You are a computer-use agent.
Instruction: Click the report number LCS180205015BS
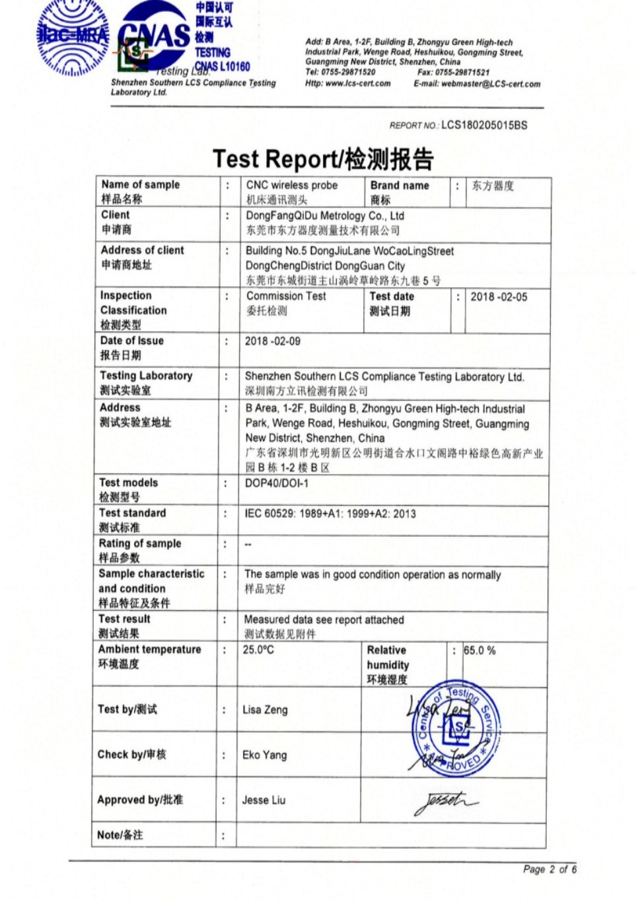tap(484, 125)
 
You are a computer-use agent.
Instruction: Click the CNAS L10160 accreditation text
tap(223, 66)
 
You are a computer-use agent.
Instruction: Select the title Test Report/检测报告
tap(323, 159)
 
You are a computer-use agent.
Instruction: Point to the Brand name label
tap(400, 186)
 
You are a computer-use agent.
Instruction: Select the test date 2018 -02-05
tap(499, 297)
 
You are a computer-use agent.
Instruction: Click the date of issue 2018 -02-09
tap(272, 341)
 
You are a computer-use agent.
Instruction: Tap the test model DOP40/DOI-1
tap(276, 483)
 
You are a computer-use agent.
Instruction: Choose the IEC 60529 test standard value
tap(330, 514)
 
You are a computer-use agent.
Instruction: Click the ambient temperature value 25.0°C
tap(258, 650)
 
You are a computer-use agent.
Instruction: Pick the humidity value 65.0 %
tap(479, 650)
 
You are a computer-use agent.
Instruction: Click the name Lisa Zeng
tap(265, 710)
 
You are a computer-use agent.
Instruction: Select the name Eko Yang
tap(264, 755)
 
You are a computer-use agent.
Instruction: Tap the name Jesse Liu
tap(264, 800)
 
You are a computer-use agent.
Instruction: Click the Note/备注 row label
tap(120, 835)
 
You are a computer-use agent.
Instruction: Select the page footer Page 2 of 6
tap(549, 869)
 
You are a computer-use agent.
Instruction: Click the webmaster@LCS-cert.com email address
tap(491, 84)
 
